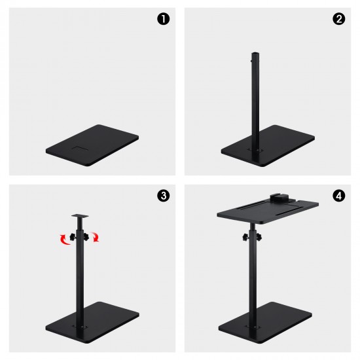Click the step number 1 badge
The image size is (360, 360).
(x=163, y=19)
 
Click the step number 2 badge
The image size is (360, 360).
(x=338, y=19)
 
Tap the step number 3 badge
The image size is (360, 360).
(x=163, y=196)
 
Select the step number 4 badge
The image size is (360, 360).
(x=338, y=196)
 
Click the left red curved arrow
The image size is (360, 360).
(x=64, y=240)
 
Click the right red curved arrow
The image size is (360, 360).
(x=96, y=237)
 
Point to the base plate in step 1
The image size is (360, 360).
(x=92, y=145)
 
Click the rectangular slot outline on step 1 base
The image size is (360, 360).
(x=80, y=148)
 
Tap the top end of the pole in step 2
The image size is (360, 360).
(x=255, y=54)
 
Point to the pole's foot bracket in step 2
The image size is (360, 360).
(x=255, y=151)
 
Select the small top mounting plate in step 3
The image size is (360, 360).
(x=80, y=216)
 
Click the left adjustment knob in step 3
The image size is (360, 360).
(x=73, y=237)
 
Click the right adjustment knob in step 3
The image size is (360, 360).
(x=86, y=236)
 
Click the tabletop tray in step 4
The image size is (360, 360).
(x=268, y=211)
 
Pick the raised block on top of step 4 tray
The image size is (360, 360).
(x=279, y=198)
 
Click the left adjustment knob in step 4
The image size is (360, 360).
(x=246, y=237)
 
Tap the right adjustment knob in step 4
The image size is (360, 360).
(x=259, y=236)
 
